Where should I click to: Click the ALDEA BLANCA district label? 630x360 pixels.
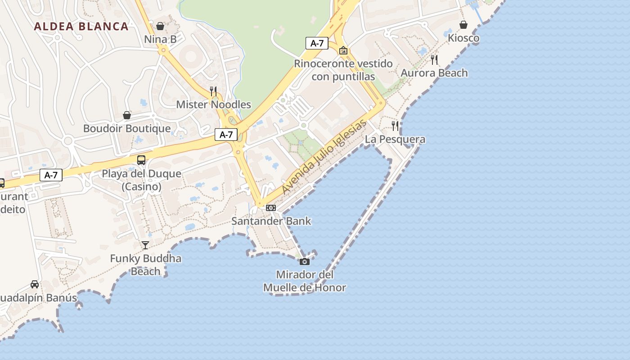[x=81, y=26]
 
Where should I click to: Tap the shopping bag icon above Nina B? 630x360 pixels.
[x=160, y=26]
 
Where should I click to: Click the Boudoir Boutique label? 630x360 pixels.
[x=127, y=129]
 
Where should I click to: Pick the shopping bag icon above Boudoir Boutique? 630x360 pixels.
[x=127, y=116]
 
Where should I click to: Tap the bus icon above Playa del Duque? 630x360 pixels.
[x=141, y=160]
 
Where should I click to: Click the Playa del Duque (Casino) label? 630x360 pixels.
[x=141, y=180]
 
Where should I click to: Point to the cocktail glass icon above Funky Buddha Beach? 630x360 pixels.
[x=145, y=245]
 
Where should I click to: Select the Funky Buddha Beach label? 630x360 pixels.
[x=146, y=265]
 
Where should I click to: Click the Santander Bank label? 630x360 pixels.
[x=271, y=221]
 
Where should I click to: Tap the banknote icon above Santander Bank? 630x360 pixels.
[x=270, y=208]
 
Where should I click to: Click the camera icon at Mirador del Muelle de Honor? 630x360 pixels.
[x=305, y=261]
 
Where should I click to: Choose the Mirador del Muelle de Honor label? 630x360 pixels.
[x=305, y=281]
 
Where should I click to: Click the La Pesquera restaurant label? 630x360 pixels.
[x=395, y=139]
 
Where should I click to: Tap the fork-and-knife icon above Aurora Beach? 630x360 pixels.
[x=434, y=59]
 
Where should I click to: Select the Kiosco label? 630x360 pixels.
[x=463, y=38]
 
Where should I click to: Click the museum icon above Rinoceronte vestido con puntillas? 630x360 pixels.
[x=343, y=50]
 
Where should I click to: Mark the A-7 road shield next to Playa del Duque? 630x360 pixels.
[x=51, y=175]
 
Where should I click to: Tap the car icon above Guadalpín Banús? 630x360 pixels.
[x=35, y=284]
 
